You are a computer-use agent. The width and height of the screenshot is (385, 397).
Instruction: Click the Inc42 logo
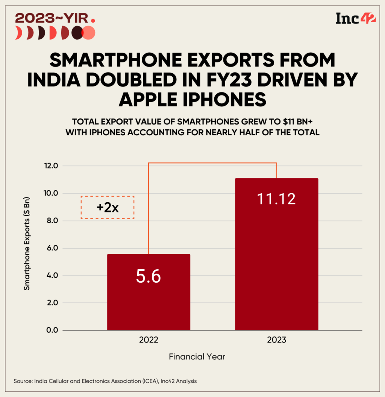point(355,18)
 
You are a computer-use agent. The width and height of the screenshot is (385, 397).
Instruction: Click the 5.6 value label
point(149,277)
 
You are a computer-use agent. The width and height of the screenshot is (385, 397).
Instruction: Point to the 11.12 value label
point(276,199)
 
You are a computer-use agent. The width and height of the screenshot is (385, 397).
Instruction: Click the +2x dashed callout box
point(108,207)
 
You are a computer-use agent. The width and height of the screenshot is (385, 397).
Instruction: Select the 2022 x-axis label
point(149,340)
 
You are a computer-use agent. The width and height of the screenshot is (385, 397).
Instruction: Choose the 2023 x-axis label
point(276,340)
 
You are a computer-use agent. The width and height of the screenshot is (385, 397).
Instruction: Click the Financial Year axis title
point(197,356)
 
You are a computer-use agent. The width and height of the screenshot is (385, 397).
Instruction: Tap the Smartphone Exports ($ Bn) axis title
point(27,248)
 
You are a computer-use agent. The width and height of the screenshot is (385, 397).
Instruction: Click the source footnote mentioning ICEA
point(105,381)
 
